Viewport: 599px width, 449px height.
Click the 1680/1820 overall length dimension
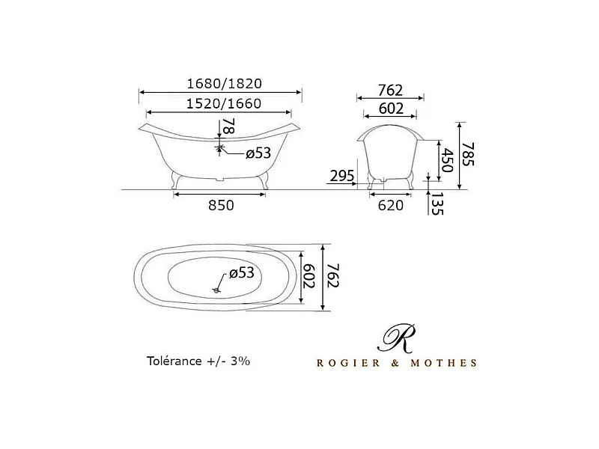[x=220, y=84]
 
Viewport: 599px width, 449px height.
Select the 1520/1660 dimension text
[x=220, y=104]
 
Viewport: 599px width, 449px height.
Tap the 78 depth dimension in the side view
[x=228, y=126]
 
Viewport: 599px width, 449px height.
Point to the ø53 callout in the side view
[x=258, y=154]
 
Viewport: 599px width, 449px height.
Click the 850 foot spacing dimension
[x=220, y=205]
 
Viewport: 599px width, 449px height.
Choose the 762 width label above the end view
[x=389, y=90]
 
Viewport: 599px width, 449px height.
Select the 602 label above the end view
[x=389, y=109]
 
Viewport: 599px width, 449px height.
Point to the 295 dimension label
[x=341, y=177]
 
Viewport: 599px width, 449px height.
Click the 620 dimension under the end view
[x=389, y=205]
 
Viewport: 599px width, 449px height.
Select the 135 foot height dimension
[x=436, y=204]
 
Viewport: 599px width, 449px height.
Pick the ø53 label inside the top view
[x=242, y=272]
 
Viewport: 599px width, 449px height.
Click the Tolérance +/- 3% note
[x=198, y=360]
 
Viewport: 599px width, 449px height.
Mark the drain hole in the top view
[x=216, y=289]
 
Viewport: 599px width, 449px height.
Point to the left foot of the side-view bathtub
[x=177, y=180]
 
